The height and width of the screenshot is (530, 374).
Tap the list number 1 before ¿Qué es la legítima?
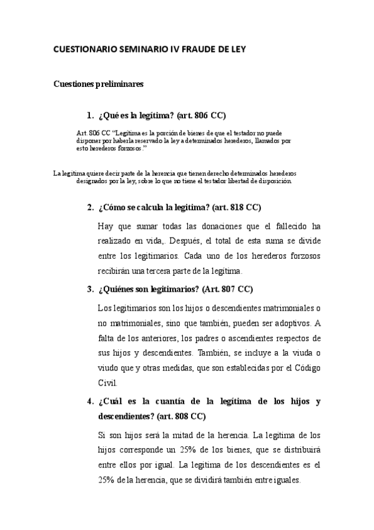(x=89, y=116)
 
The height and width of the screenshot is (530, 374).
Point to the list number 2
(x=89, y=207)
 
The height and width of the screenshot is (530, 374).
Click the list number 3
(x=89, y=289)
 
